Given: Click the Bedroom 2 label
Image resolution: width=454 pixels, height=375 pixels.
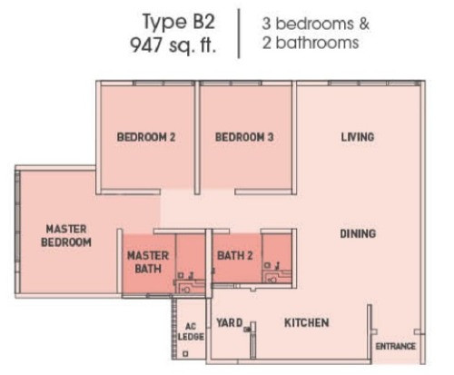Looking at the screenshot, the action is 146,137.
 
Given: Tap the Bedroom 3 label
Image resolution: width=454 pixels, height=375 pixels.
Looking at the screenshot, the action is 244,137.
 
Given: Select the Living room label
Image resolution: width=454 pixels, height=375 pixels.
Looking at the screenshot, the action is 358,137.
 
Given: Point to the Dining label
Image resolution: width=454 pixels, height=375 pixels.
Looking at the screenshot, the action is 358,233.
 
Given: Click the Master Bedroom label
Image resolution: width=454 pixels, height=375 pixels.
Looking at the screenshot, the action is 66,235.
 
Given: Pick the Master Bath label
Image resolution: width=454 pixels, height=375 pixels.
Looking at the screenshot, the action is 148,262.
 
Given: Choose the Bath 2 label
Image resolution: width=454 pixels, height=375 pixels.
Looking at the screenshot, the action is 235,256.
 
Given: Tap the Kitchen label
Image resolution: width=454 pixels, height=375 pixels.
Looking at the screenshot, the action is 307,322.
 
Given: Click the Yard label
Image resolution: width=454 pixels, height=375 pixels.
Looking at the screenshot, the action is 230,322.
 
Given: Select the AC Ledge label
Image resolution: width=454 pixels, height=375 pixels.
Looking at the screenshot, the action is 191,331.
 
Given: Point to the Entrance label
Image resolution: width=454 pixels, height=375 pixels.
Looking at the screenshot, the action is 395,346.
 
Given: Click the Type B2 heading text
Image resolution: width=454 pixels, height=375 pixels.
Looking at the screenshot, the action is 179,22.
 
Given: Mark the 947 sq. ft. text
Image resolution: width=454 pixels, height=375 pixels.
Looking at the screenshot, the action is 173,45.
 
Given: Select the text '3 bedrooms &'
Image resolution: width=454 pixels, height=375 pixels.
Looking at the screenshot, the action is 316,24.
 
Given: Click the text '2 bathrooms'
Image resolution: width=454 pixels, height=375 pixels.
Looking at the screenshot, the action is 311,43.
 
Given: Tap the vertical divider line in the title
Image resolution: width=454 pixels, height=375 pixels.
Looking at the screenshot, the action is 239,34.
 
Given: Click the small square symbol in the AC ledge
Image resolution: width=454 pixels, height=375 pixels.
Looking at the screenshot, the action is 185,353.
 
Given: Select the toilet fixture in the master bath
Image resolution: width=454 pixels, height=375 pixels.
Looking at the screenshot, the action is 186,290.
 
